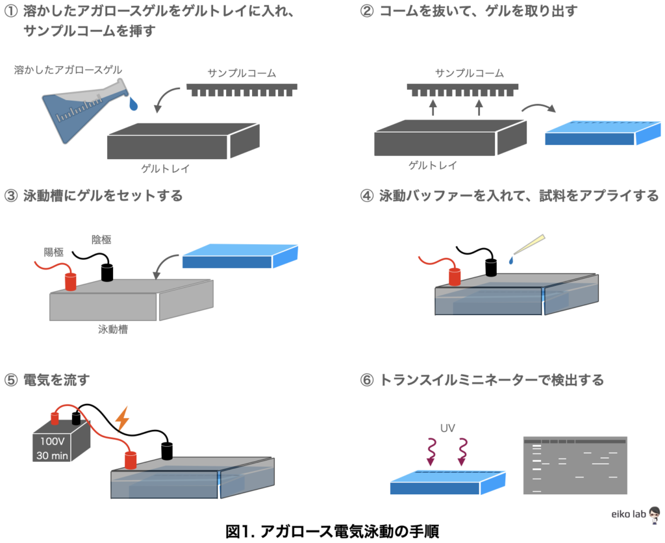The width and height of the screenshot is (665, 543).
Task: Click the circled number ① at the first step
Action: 10,12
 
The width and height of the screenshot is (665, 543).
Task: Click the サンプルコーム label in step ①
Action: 241,73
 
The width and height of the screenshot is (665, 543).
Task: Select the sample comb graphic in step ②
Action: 462,88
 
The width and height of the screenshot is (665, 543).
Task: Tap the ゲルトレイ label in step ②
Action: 432,166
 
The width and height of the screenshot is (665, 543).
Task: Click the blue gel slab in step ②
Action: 601,133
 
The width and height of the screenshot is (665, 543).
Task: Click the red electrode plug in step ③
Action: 70,281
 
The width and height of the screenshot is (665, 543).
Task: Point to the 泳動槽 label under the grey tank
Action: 112,329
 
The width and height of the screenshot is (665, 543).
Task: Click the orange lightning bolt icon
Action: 121,419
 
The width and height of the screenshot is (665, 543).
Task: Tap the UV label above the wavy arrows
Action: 447,429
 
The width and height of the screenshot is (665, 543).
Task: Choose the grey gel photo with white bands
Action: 575,465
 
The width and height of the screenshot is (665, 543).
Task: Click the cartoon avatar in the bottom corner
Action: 654,513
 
